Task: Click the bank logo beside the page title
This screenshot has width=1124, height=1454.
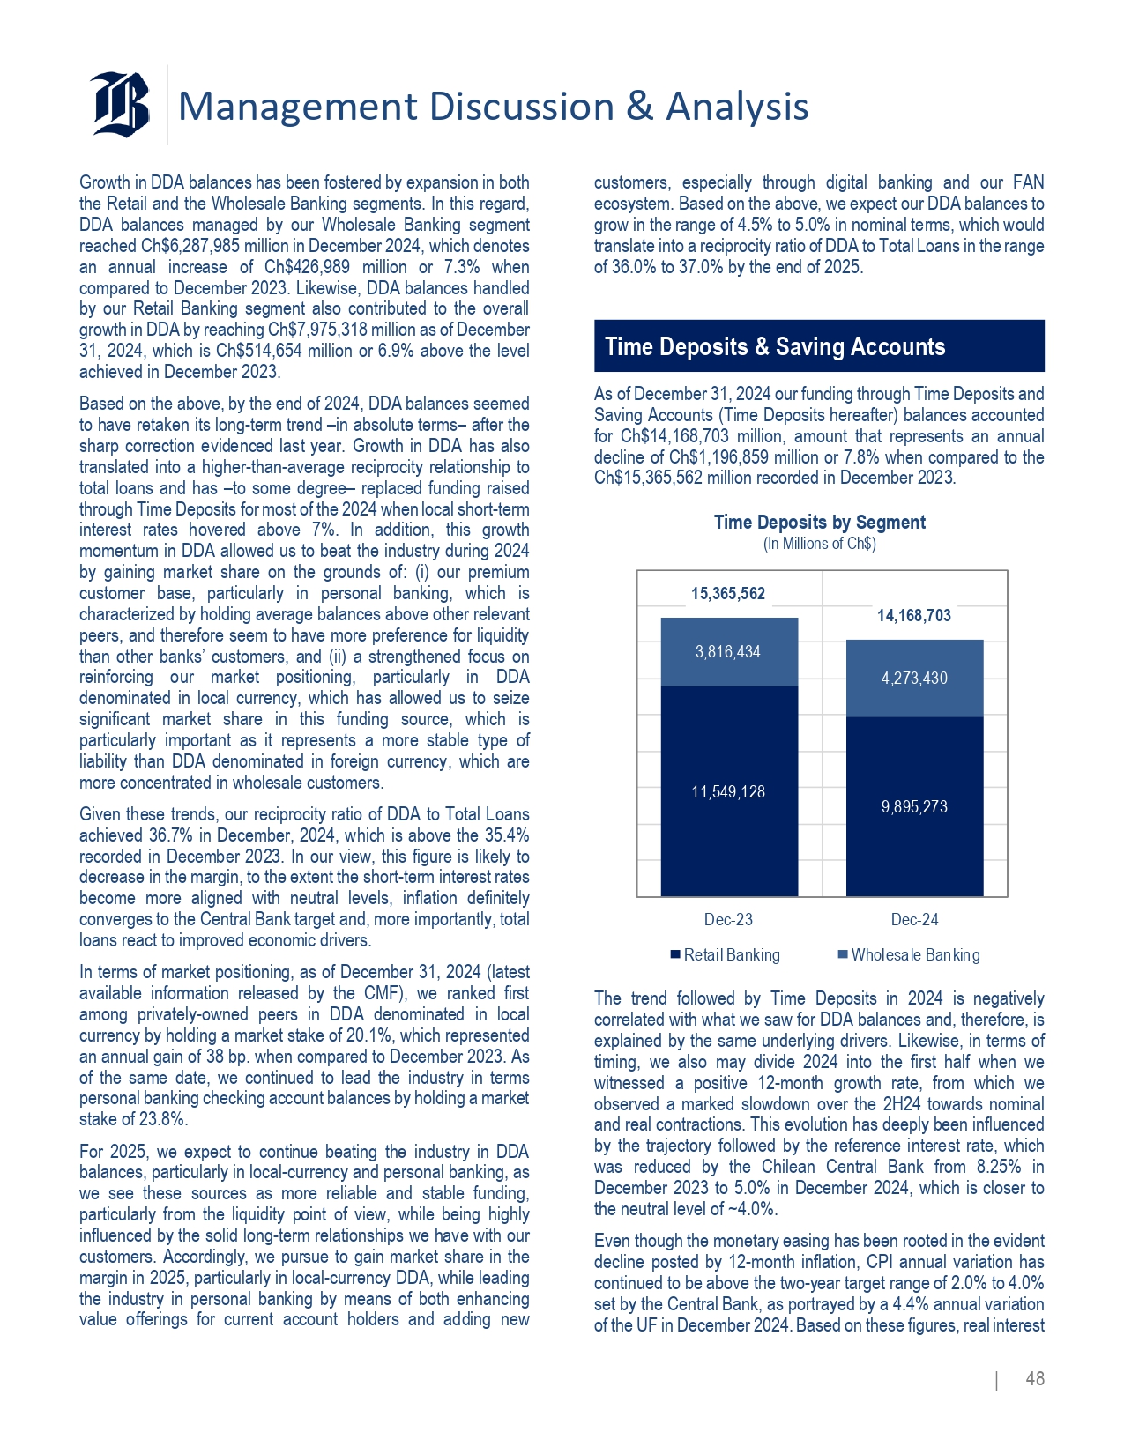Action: tap(120, 103)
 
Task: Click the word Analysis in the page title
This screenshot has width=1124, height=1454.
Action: tap(737, 107)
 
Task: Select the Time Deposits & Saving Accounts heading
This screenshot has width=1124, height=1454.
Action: tap(775, 346)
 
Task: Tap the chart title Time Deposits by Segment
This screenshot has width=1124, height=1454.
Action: tap(819, 522)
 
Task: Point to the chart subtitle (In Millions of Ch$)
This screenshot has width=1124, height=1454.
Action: tap(819, 544)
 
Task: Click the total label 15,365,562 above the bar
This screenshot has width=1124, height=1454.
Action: tap(727, 593)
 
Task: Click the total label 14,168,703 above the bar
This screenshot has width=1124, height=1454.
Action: tap(913, 615)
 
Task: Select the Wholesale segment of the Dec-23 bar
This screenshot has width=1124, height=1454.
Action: tap(728, 652)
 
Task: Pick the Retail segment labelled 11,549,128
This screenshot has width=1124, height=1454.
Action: tap(728, 791)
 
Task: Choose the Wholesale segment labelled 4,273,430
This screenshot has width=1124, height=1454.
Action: tap(914, 678)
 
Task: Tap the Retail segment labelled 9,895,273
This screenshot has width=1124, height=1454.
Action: tap(914, 806)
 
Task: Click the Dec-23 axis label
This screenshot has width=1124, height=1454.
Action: tap(728, 919)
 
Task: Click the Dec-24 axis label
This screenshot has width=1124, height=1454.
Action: tap(914, 919)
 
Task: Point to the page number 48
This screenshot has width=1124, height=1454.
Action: tap(1034, 1378)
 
